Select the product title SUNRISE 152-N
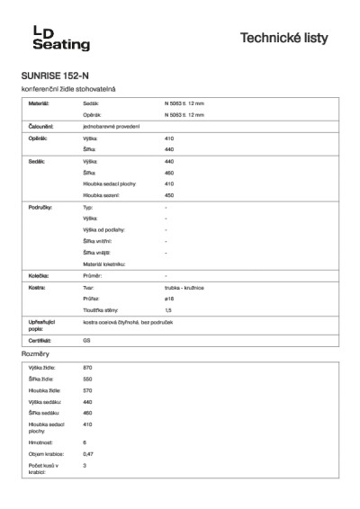coord(57,76)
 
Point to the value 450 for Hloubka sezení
coord(169,194)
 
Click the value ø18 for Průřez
coord(169,298)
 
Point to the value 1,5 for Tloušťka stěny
coord(168,309)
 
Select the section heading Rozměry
coord(35,355)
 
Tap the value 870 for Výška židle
coord(87,369)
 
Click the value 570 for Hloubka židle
coord(87,390)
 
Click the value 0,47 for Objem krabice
coord(88,454)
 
